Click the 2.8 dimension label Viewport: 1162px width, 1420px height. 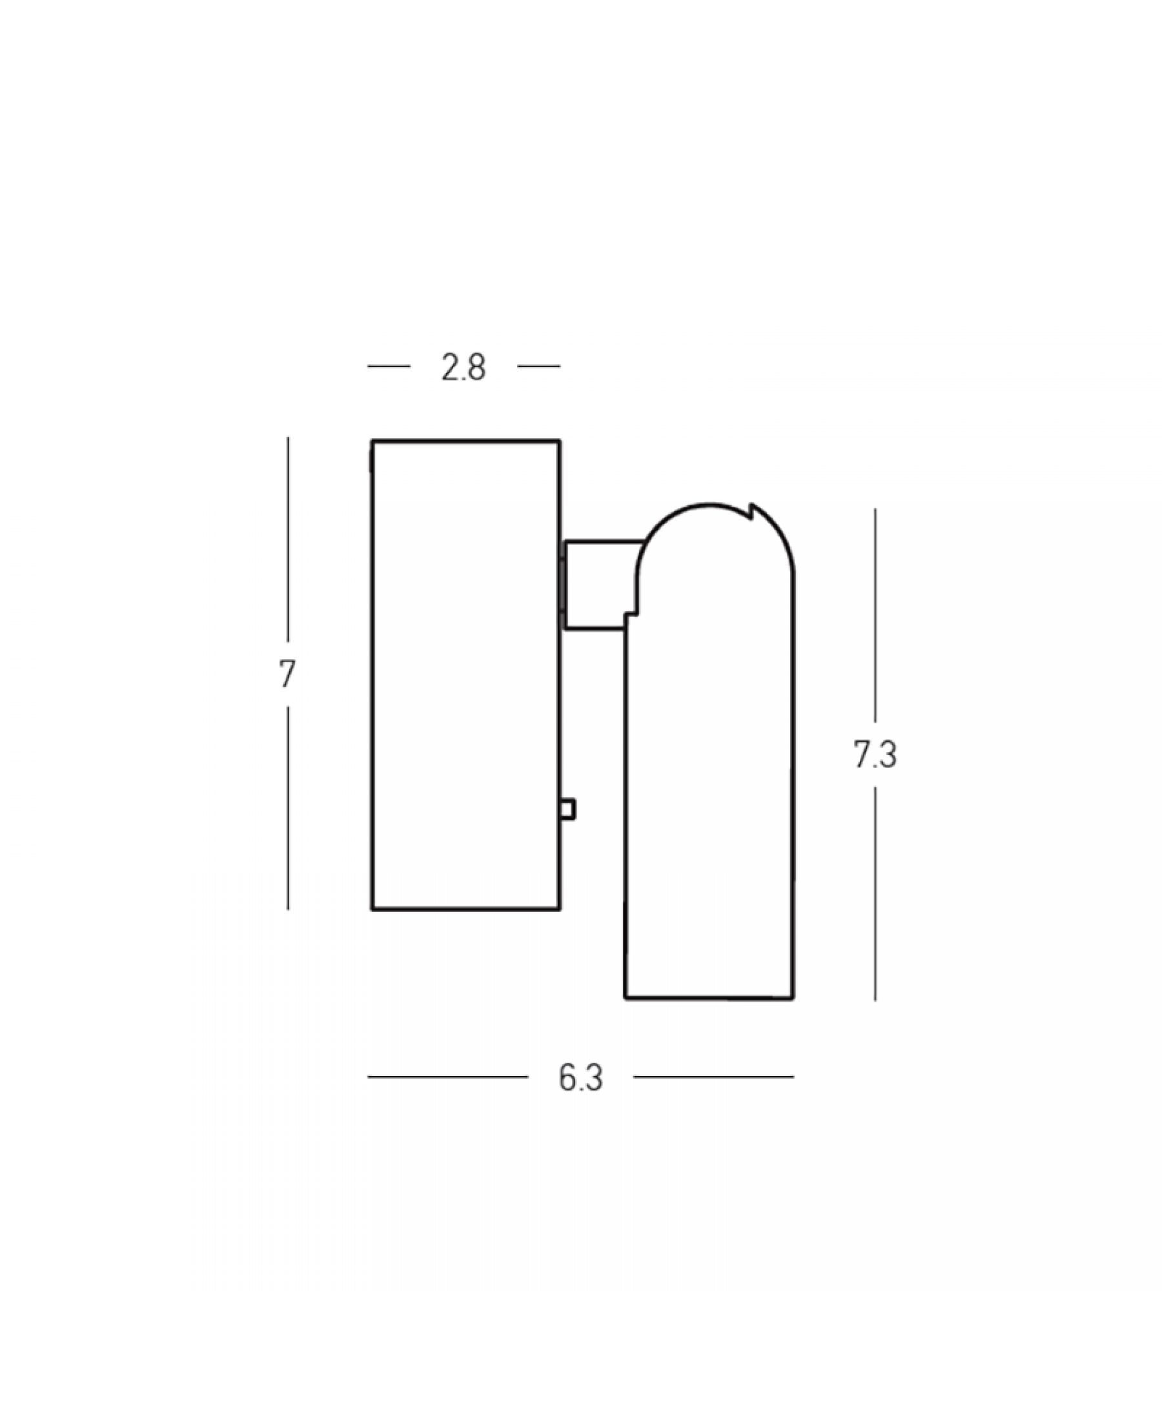(464, 367)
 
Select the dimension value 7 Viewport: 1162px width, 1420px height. (287, 674)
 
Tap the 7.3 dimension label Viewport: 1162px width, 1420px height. (875, 755)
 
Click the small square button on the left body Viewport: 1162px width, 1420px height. (567, 809)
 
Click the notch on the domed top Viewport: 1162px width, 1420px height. (749, 512)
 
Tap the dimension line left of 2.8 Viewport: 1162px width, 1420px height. (389, 366)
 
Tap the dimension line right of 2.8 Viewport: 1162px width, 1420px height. (539, 366)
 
